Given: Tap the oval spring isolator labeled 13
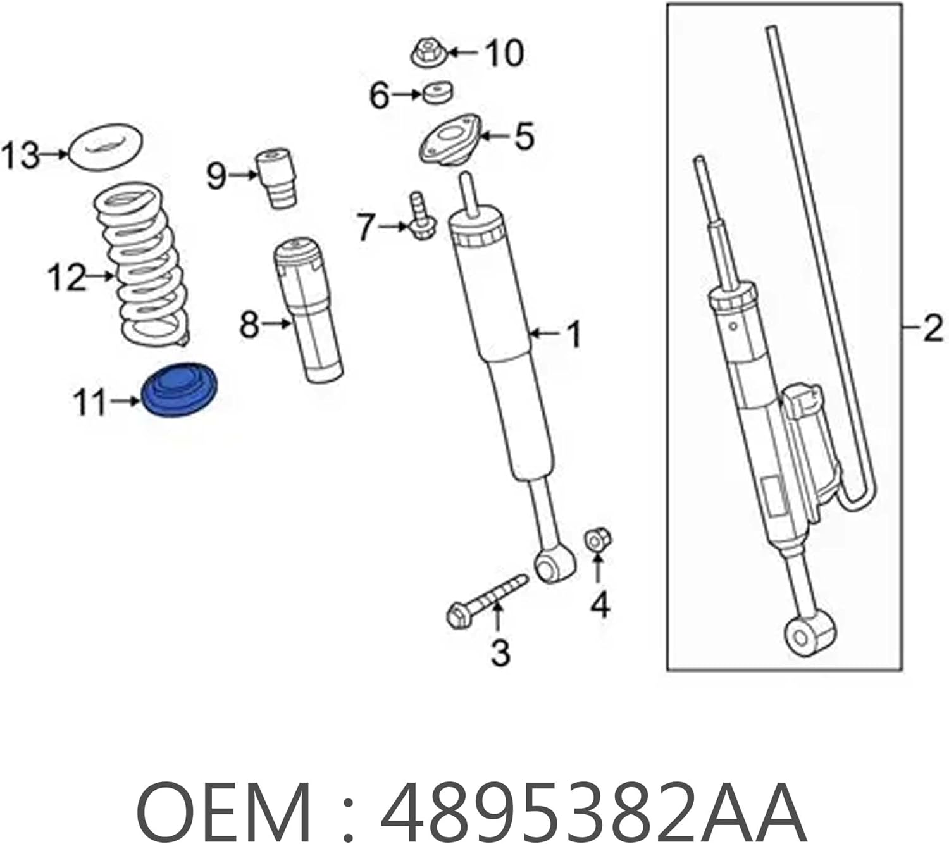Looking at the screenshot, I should click(x=105, y=147).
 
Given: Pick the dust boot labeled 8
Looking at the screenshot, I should click(x=308, y=310).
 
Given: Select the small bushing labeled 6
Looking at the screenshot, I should click(x=437, y=92).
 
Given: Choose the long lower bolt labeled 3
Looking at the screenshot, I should click(x=487, y=598).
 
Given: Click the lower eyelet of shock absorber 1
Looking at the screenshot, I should click(x=554, y=564).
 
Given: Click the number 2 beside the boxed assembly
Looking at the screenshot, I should click(x=932, y=329).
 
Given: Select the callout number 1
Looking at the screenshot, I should click(x=573, y=333).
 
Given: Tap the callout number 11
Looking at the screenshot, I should click(x=90, y=402).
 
